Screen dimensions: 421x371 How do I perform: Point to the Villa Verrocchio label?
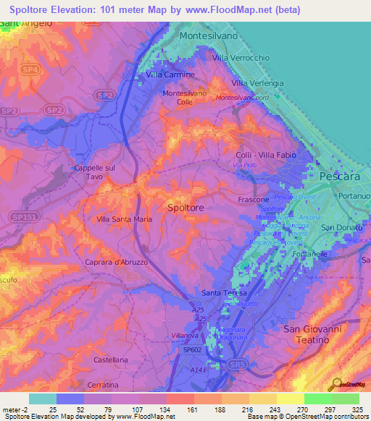[x=241, y=57]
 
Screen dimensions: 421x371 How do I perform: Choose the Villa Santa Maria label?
[x=124, y=218]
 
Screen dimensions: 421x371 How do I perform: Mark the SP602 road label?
[x=193, y=349]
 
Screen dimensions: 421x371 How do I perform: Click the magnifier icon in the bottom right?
[x=335, y=384]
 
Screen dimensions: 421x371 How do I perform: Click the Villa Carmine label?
[x=170, y=75]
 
